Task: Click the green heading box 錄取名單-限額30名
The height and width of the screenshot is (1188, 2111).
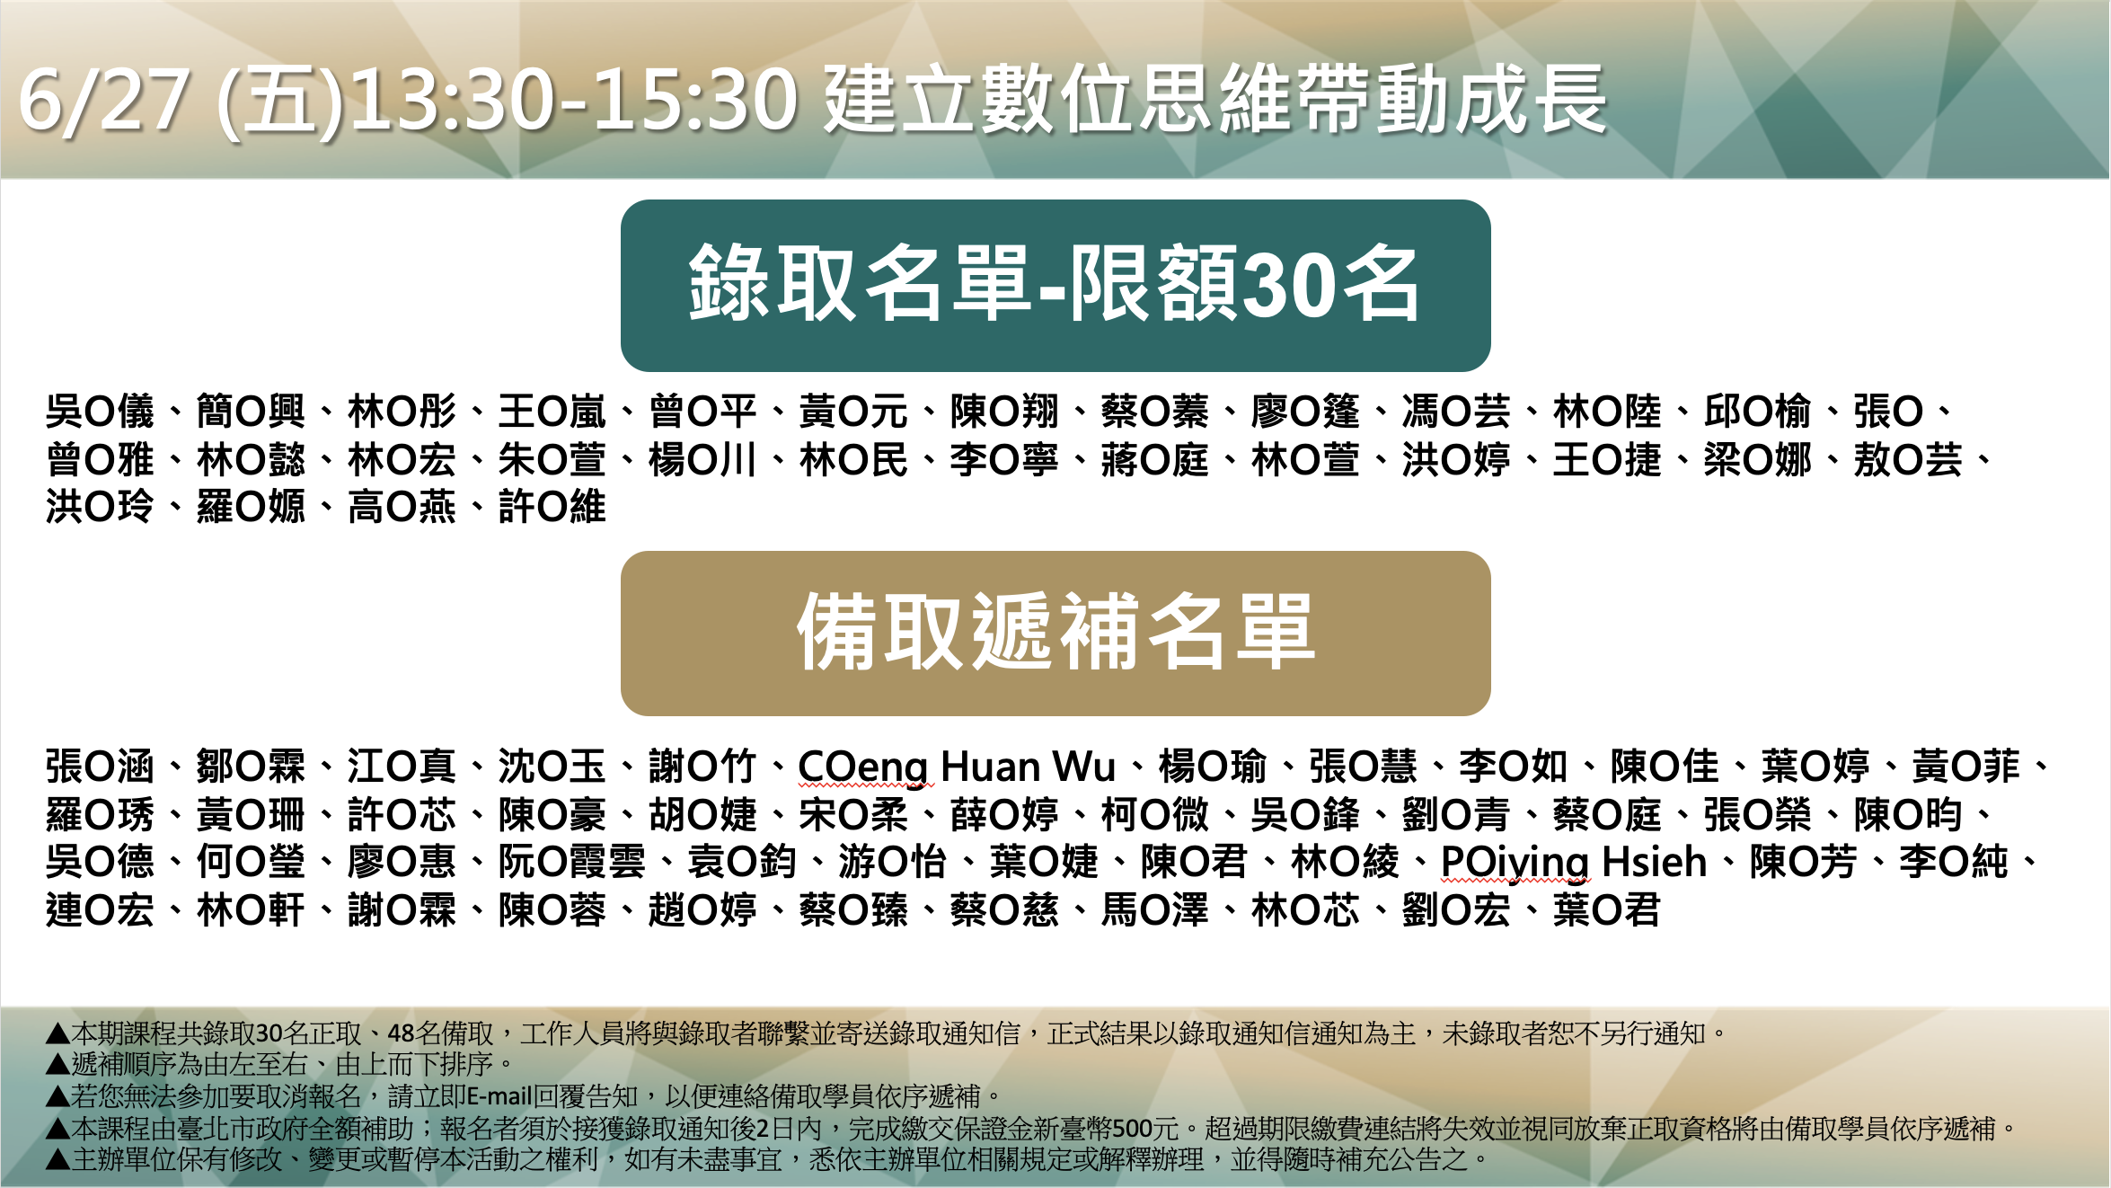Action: click(1055, 286)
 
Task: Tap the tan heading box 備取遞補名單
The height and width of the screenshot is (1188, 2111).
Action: click(1055, 634)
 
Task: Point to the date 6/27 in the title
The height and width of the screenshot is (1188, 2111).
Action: click(104, 100)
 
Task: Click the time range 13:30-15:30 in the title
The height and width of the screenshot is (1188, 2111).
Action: click(574, 100)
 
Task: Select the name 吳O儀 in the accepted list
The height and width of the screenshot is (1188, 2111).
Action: click(101, 412)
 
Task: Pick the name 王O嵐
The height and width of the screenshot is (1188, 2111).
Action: click(552, 412)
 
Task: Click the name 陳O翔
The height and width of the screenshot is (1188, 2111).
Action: click(1004, 412)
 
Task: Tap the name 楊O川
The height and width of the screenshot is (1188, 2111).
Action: click(703, 460)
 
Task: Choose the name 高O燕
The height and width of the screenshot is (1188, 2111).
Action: click(402, 508)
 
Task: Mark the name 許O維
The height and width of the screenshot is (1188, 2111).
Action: click(552, 508)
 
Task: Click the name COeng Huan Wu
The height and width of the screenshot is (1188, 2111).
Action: click(957, 767)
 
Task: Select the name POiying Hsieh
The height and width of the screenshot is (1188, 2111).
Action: click(1574, 863)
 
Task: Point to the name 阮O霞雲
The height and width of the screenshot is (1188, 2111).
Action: click(571, 863)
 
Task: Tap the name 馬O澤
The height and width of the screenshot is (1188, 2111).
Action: click(1155, 910)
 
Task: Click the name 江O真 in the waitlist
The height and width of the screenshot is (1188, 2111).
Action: click(402, 767)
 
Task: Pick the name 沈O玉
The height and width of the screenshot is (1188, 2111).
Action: click(552, 767)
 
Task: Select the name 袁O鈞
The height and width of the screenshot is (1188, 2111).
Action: click(742, 863)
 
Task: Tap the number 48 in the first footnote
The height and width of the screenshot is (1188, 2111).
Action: click(401, 1033)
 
